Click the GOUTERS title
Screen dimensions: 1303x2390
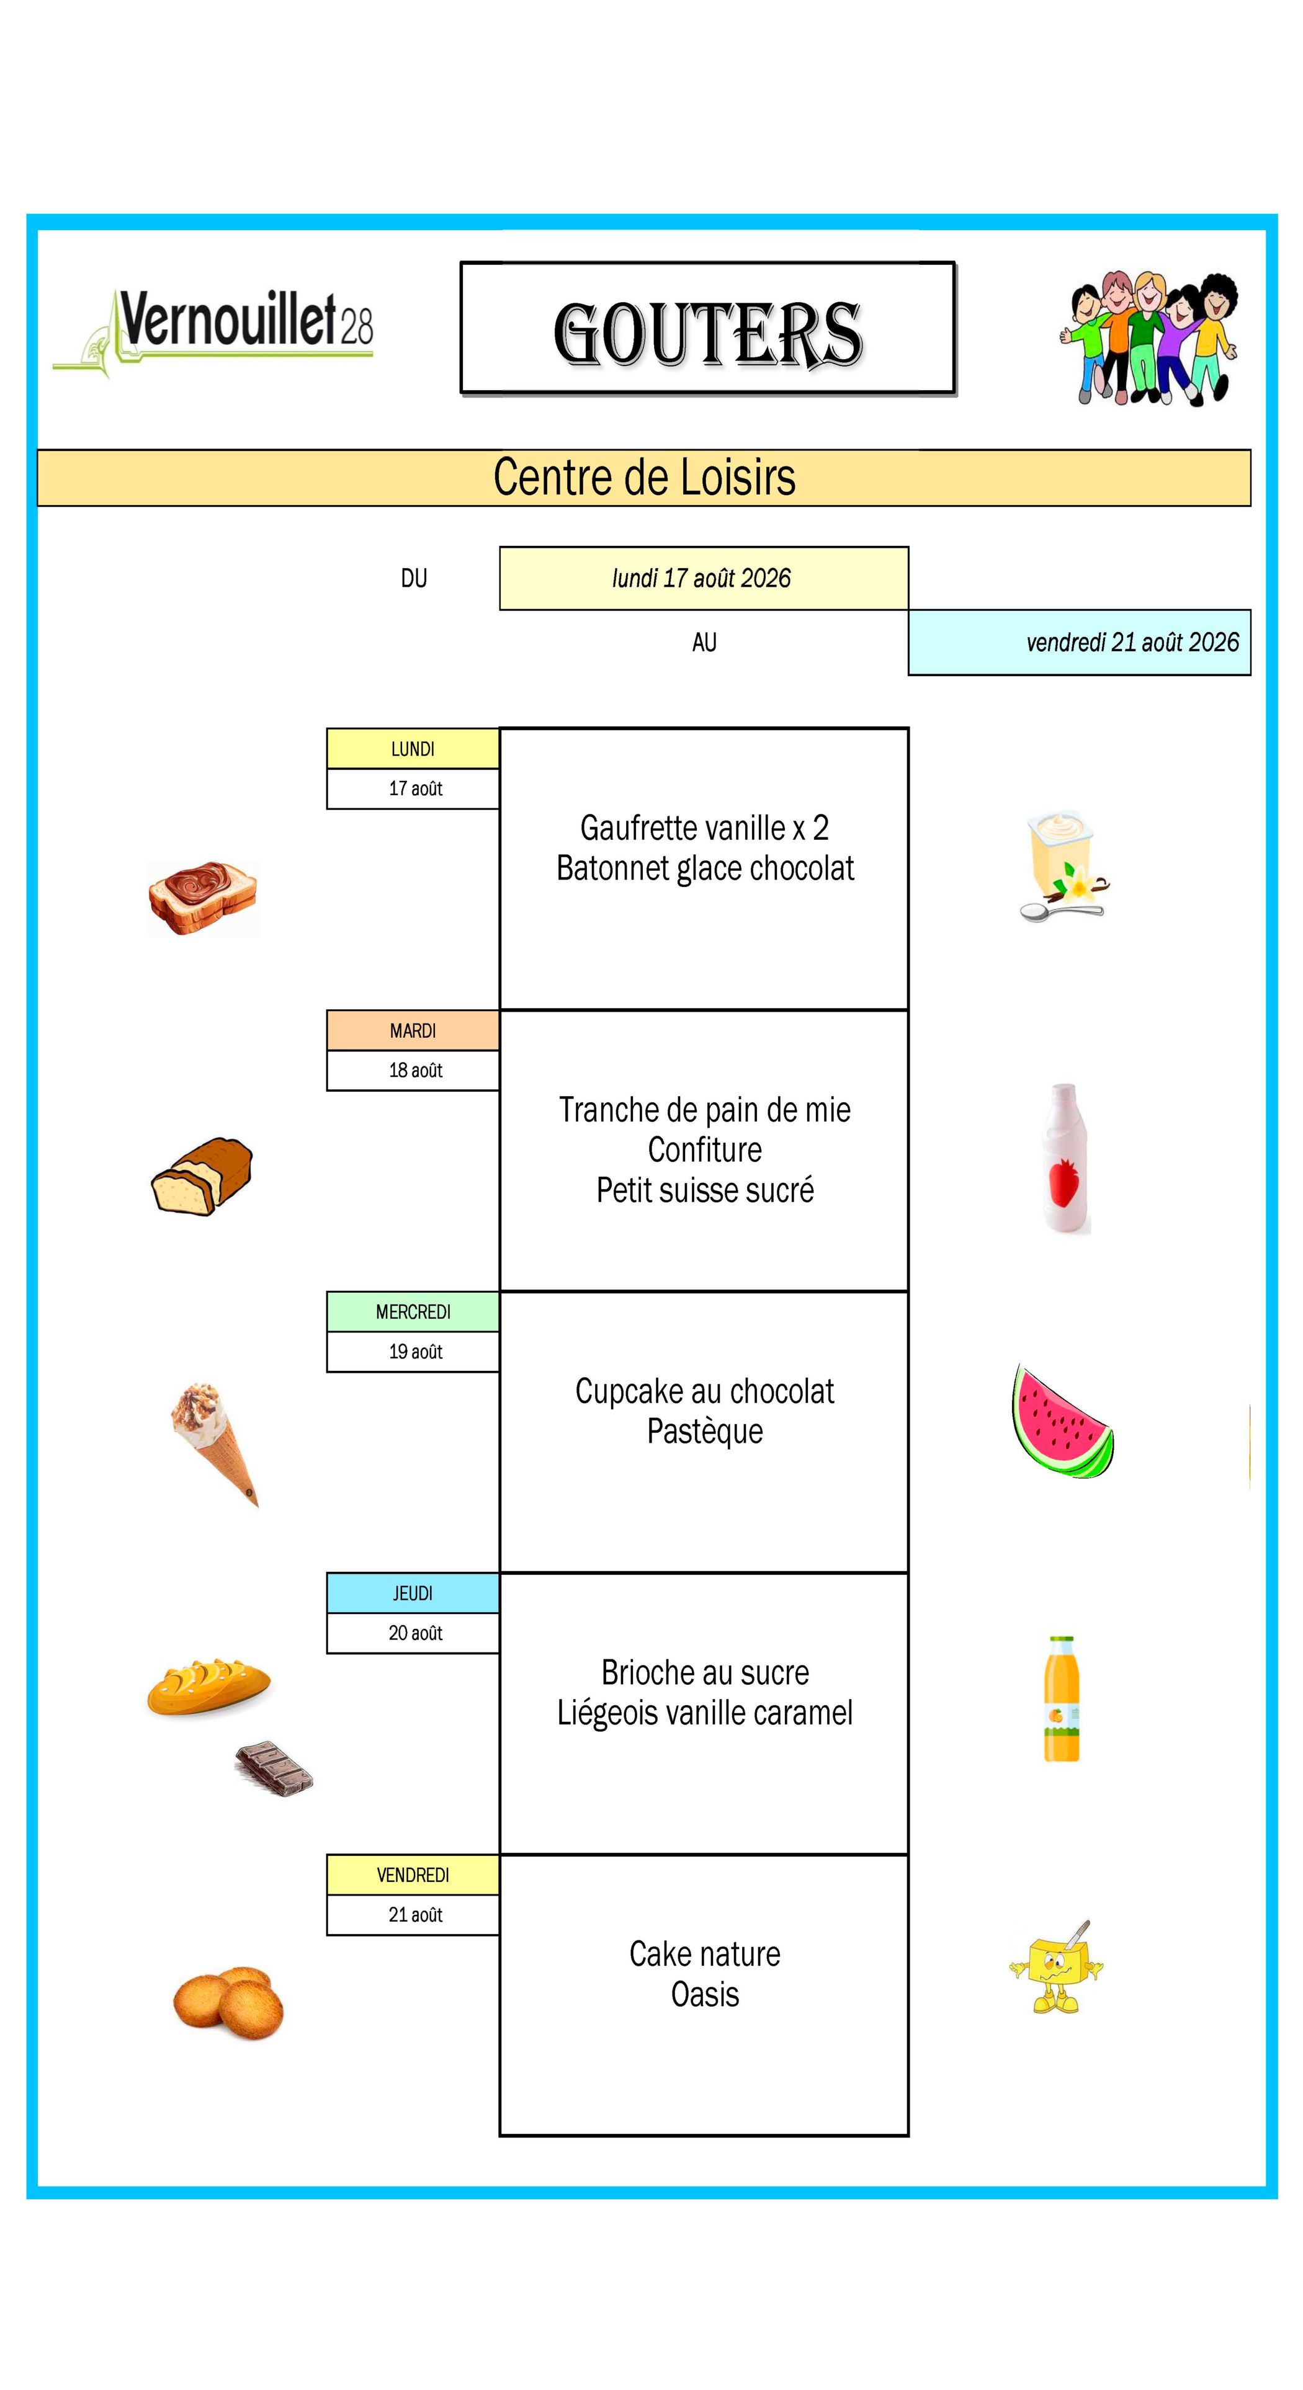coord(707,334)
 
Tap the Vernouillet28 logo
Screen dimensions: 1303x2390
coord(213,332)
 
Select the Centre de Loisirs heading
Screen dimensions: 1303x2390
coord(644,478)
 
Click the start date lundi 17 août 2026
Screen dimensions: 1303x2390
coord(702,578)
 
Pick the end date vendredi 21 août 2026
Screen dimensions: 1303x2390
coord(1132,642)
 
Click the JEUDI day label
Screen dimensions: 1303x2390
coord(413,1593)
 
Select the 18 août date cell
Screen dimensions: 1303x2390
coord(413,1071)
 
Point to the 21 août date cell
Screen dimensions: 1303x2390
coord(413,1914)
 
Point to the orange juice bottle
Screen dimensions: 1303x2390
coord(1062,1698)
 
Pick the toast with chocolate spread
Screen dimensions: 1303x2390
coord(202,897)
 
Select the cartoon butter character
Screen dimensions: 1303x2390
coord(1056,1968)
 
